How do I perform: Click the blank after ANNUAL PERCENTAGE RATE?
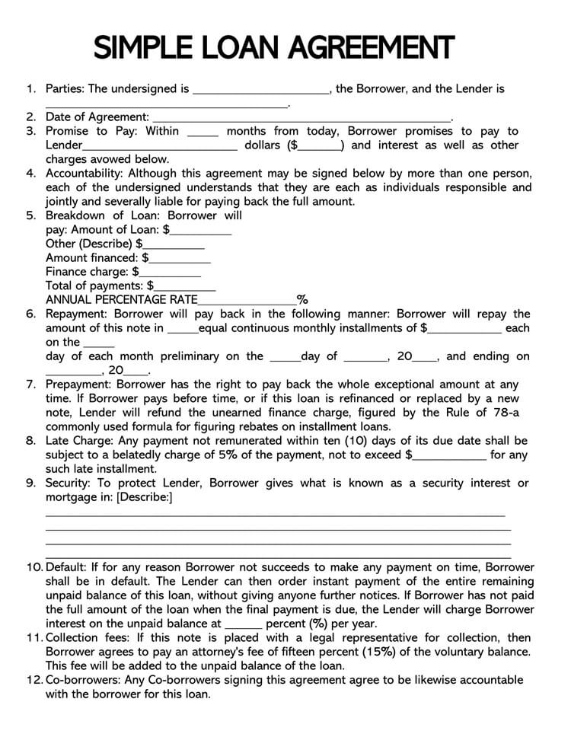tap(247, 301)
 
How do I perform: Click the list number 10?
tap(34, 567)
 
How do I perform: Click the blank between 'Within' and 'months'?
tap(202, 132)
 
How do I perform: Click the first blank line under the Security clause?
tap(275, 515)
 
